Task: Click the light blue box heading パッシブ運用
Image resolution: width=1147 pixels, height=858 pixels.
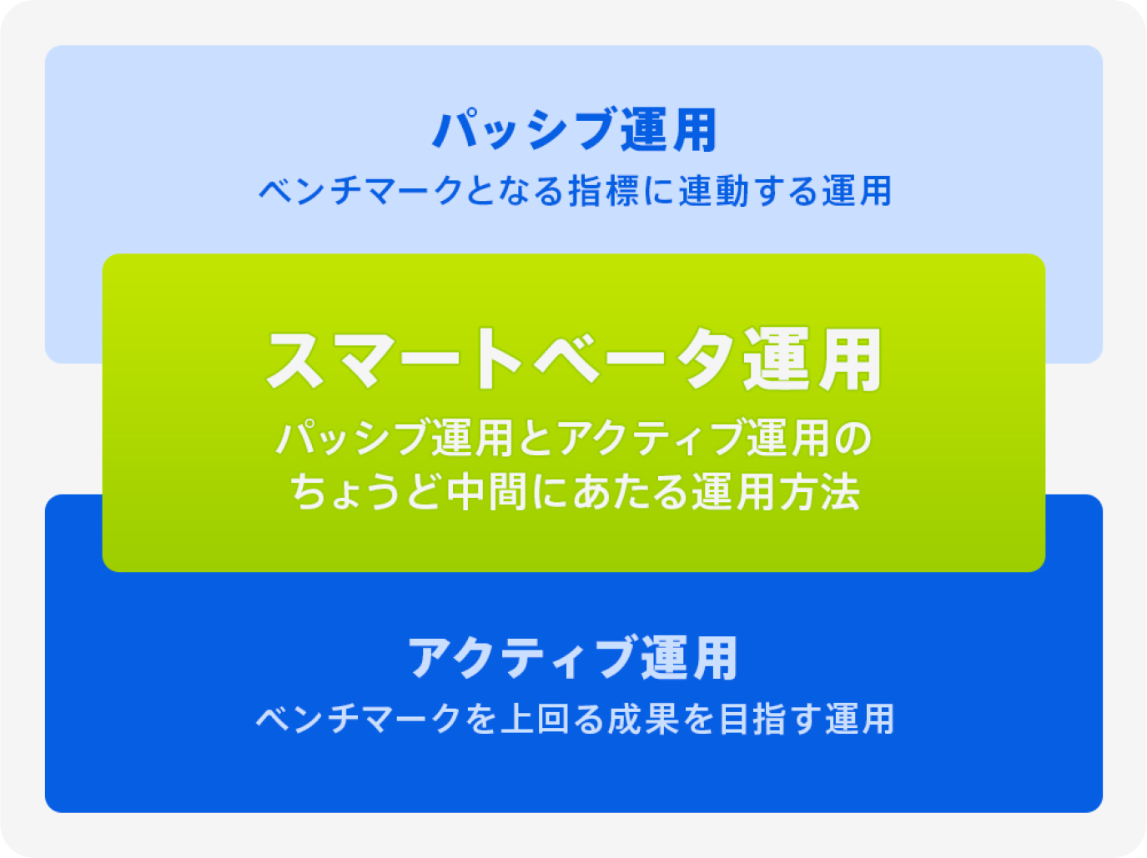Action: [574, 129]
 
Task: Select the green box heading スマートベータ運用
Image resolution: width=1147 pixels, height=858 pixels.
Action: [574, 359]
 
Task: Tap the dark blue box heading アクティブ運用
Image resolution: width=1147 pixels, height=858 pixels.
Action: [573, 658]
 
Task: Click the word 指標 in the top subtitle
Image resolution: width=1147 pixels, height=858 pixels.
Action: [603, 191]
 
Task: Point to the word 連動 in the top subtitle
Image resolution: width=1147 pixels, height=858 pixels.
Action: [714, 191]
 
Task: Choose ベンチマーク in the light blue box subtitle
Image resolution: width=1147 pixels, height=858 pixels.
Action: [361, 191]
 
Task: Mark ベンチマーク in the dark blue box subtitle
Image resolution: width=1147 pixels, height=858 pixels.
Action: [358, 719]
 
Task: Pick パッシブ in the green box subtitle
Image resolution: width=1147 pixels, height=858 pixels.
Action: [352, 438]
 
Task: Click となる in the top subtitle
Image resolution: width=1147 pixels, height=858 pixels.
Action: [514, 191]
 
